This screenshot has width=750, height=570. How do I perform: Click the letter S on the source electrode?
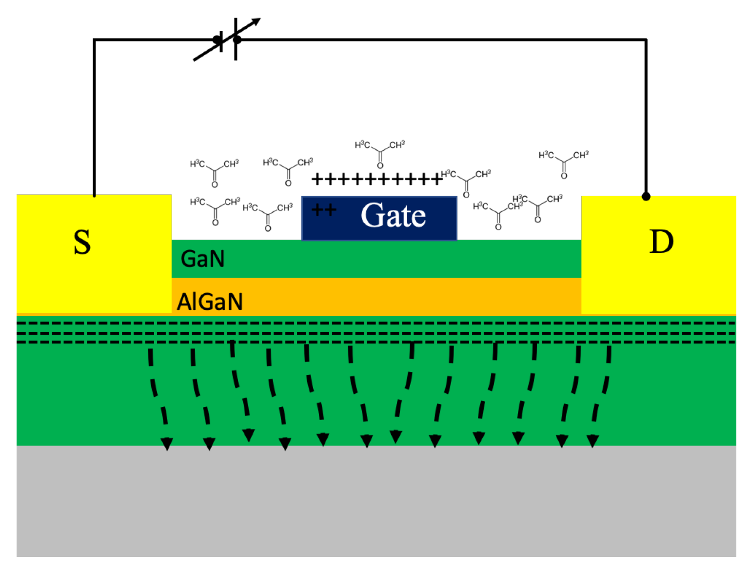pyautogui.click(x=82, y=243)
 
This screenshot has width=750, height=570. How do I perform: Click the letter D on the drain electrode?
pyautogui.click(x=661, y=242)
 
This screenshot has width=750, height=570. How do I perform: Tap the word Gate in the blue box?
pyautogui.click(x=393, y=215)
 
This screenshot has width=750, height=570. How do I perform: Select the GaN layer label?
pyautogui.click(x=202, y=259)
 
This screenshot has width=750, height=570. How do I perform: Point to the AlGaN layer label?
pyautogui.click(x=210, y=302)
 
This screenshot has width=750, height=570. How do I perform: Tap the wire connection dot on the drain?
pyautogui.click(x=646, y=196)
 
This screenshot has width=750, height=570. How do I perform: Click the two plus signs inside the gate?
pyautogui.click(x=324, y=210)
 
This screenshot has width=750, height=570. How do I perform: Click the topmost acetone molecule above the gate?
pyautogui.click(x=379, y=152)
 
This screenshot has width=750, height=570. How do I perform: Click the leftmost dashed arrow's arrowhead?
pyautogui.click(x=167, y=444)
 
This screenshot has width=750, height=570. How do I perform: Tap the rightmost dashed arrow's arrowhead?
pyautogui.click(x=592, y=441)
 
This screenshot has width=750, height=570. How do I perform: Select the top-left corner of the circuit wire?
pyautogui.click(x=94, y=40)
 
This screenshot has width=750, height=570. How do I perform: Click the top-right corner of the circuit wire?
pyautogui.click(x=646, y=40)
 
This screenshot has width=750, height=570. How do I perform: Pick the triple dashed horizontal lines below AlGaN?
pyautogui.click(x=375, y=333)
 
